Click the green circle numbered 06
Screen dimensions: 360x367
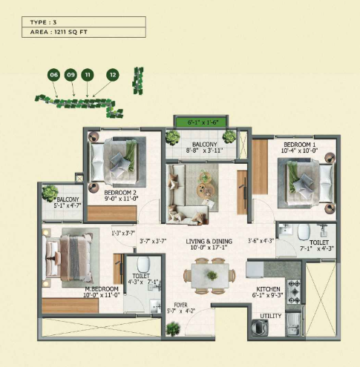(53, 75)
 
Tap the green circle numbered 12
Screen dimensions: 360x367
(113, 75)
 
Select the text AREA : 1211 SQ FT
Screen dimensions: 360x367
(59, 32)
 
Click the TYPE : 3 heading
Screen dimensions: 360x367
(43, 22)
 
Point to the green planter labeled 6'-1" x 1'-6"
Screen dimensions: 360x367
(200, 122)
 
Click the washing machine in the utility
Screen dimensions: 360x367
(260, 328)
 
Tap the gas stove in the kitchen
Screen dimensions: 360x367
(294, 292)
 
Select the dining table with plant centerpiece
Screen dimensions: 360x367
(210, 275)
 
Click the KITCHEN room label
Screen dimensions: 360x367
(268, 289)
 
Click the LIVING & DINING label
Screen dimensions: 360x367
(209, 241)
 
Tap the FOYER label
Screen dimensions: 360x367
(180, 305)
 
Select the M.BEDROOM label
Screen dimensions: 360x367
(102, 289)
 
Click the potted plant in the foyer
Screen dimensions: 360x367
(173, 328)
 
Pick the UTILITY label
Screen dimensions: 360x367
(271, 316)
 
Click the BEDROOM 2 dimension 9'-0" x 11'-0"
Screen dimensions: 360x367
(121, 199)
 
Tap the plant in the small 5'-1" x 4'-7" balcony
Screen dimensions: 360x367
(50, 193)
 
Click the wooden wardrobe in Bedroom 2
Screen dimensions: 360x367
(112, 214)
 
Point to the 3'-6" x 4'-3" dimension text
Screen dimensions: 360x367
(261, 240)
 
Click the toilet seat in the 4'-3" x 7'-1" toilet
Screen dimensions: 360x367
(143, 265)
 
